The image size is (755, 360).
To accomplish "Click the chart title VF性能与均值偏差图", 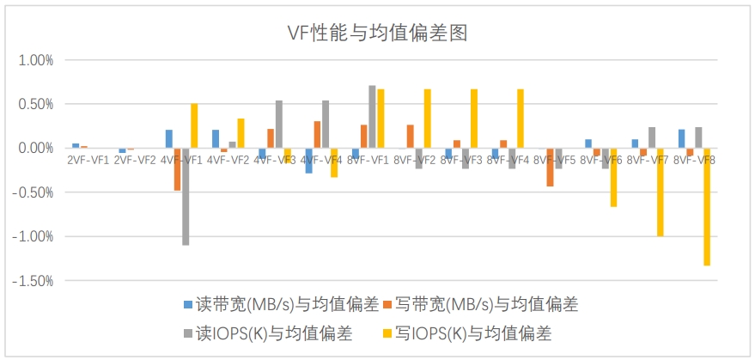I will (376, 34).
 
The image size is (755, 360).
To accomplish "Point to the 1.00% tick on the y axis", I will (35, 60).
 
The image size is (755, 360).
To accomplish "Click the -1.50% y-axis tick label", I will (33, 280).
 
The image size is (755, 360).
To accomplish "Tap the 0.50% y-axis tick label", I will (35, 104).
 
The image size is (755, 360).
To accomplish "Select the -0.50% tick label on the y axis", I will (33, 192).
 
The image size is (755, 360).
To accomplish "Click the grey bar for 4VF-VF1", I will (186, 197).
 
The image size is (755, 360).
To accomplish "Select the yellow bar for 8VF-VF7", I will (661, 192).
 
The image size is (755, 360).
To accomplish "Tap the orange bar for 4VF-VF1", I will (178, 168).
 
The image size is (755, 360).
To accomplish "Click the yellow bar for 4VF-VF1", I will (194, 125).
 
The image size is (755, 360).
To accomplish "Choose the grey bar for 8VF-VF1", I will (372, 117).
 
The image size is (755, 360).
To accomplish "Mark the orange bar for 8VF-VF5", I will (551, 167).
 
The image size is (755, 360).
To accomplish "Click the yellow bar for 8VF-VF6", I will (613, 177).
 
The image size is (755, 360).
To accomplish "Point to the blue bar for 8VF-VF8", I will (681, 138).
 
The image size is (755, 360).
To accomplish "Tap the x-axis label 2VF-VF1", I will (88, 160).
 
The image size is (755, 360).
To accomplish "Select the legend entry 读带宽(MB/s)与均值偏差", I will (281, 304).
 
